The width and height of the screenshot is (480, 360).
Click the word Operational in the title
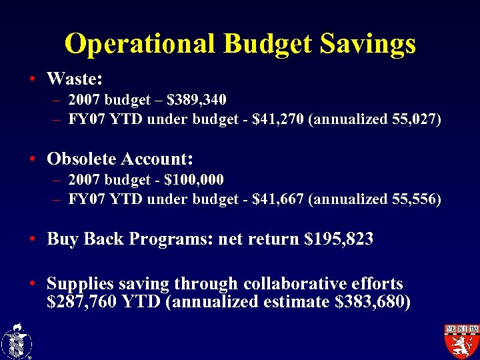point(141,44)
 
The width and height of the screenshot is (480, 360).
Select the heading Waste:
point(74,79)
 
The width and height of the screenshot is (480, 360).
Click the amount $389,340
point(197,100)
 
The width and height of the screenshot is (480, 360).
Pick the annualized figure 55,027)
point(414,120)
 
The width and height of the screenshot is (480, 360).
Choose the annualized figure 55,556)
point(413,199)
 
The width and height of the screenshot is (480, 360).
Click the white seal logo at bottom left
point(17,341)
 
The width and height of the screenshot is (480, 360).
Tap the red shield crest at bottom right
point(462,341)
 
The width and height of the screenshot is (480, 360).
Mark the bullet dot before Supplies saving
point(32,284)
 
